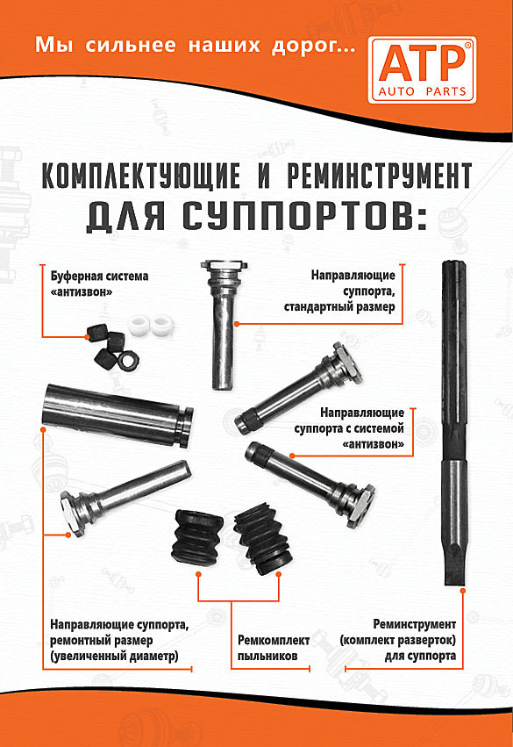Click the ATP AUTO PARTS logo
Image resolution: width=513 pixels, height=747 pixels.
[x=422, y=70]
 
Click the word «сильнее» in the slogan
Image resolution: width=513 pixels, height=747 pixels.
[x=131, y=46]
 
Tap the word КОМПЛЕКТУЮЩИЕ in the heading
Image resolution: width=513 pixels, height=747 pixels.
[x=141, y=176]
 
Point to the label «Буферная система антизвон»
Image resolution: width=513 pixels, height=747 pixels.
[x=99, y=284]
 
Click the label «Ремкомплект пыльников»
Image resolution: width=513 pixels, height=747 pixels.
[x=273, y=648]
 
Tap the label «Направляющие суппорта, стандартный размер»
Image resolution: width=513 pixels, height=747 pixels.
[x=339, y=291]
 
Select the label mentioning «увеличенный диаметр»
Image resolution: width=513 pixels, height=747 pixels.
[x=119, y=640]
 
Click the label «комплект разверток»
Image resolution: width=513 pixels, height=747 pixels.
[x=398, y=640]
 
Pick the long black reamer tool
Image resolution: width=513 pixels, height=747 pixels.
[x=454, y=422]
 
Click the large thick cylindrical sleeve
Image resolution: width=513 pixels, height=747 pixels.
[x=118, y=414]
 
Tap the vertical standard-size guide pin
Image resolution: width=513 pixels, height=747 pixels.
[x=224, y=325]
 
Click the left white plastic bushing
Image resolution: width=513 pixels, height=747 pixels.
[x=139, y=326]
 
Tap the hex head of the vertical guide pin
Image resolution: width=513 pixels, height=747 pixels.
[x=224, y=264]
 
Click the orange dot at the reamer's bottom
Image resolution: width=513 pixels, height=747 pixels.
[x=462, y=590]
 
